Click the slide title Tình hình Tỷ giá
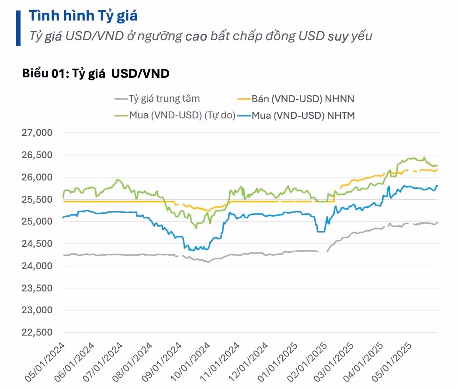pyautogui.click(x=83, y=16)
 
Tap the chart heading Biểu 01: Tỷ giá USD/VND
pyautogui.click(x=96, y=73)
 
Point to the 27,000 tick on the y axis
pyautogui.click(x=37, y=132)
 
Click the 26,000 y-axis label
pyautogui.click(x=37, y=177)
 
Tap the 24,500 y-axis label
pyautogui.click(x=37, y=243)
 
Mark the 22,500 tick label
pyautogui.click(x=37, y=332)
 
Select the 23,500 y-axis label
pyautogui.click(x=37, y=288)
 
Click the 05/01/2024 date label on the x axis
pyautogui.click(x=45, y=362)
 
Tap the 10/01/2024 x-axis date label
pyautogui.click(x=191, y=362)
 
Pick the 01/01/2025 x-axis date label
pyautogui.click(x=278, y=362)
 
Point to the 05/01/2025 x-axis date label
pyautogui.click(x=392, y=362)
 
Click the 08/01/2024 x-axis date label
pyautogui.click(x=132, y=362)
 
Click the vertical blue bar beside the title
pyautogui.click(x=18, y=28)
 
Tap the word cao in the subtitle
pyautogui.click(x=196, y=37)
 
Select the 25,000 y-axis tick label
pyautogui.click(x=37, y=221)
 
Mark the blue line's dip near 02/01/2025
pyautogui.click(x=321, y=232)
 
